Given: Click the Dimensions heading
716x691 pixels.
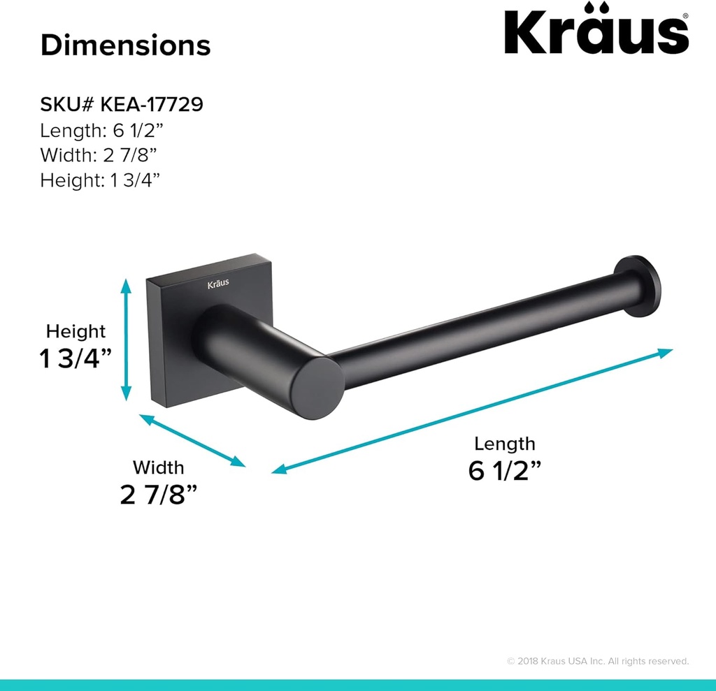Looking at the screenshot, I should (125, 45).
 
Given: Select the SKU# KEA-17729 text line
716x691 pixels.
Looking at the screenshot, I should (122, 105).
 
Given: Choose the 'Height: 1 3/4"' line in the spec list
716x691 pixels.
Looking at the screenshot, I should (100, 180).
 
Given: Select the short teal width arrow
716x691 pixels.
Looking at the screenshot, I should (192, 440).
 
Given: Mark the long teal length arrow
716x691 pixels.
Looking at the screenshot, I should (472, 411).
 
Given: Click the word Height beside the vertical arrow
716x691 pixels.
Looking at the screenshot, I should (76, 331).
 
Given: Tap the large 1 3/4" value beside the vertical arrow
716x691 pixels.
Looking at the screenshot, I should (76, 358).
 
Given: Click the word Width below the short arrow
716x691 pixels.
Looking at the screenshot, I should (159, 467).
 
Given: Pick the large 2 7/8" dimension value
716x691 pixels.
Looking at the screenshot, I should (158, 495).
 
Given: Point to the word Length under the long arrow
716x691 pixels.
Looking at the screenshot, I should (504, 444).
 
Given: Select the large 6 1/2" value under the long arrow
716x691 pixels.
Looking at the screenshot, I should (505, 471).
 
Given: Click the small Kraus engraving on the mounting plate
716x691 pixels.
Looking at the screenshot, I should (217, 284).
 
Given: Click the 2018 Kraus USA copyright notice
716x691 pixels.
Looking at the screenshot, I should (598, 661).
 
